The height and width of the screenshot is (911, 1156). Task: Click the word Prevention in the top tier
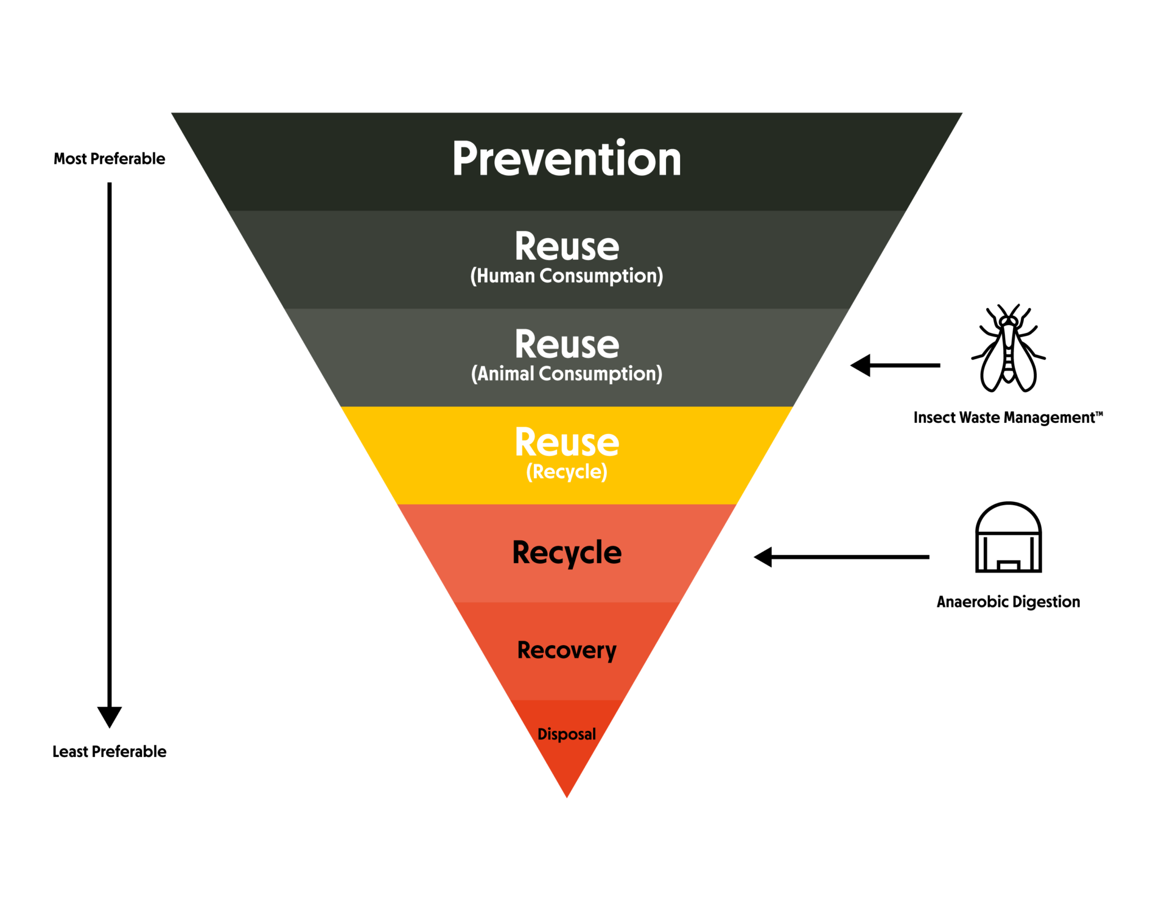(x=566, y=159)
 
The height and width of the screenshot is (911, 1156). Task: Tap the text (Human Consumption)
(x=566, y=275)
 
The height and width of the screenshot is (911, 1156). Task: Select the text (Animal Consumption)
(x=566, y=374)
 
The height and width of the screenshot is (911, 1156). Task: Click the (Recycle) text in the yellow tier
(x=566, y=471)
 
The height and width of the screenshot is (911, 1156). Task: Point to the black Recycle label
(x=566, y=552)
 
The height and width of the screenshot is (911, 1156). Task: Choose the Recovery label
(x=566, y=650)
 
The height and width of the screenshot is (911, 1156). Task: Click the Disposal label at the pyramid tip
(x=566, y=734)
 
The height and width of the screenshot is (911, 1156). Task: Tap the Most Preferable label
(x=110, y=159)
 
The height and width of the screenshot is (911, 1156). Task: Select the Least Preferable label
(x=110, y=751)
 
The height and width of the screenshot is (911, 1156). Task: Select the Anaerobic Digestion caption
(x=1008, y=602)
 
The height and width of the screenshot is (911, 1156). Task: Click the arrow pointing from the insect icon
(x=895, y=365)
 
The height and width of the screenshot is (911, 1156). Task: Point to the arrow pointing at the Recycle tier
(x=841, y=557)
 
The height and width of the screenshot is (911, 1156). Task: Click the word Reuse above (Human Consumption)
(x=566, y=246)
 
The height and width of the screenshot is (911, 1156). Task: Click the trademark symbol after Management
(x=1098, y=414)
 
